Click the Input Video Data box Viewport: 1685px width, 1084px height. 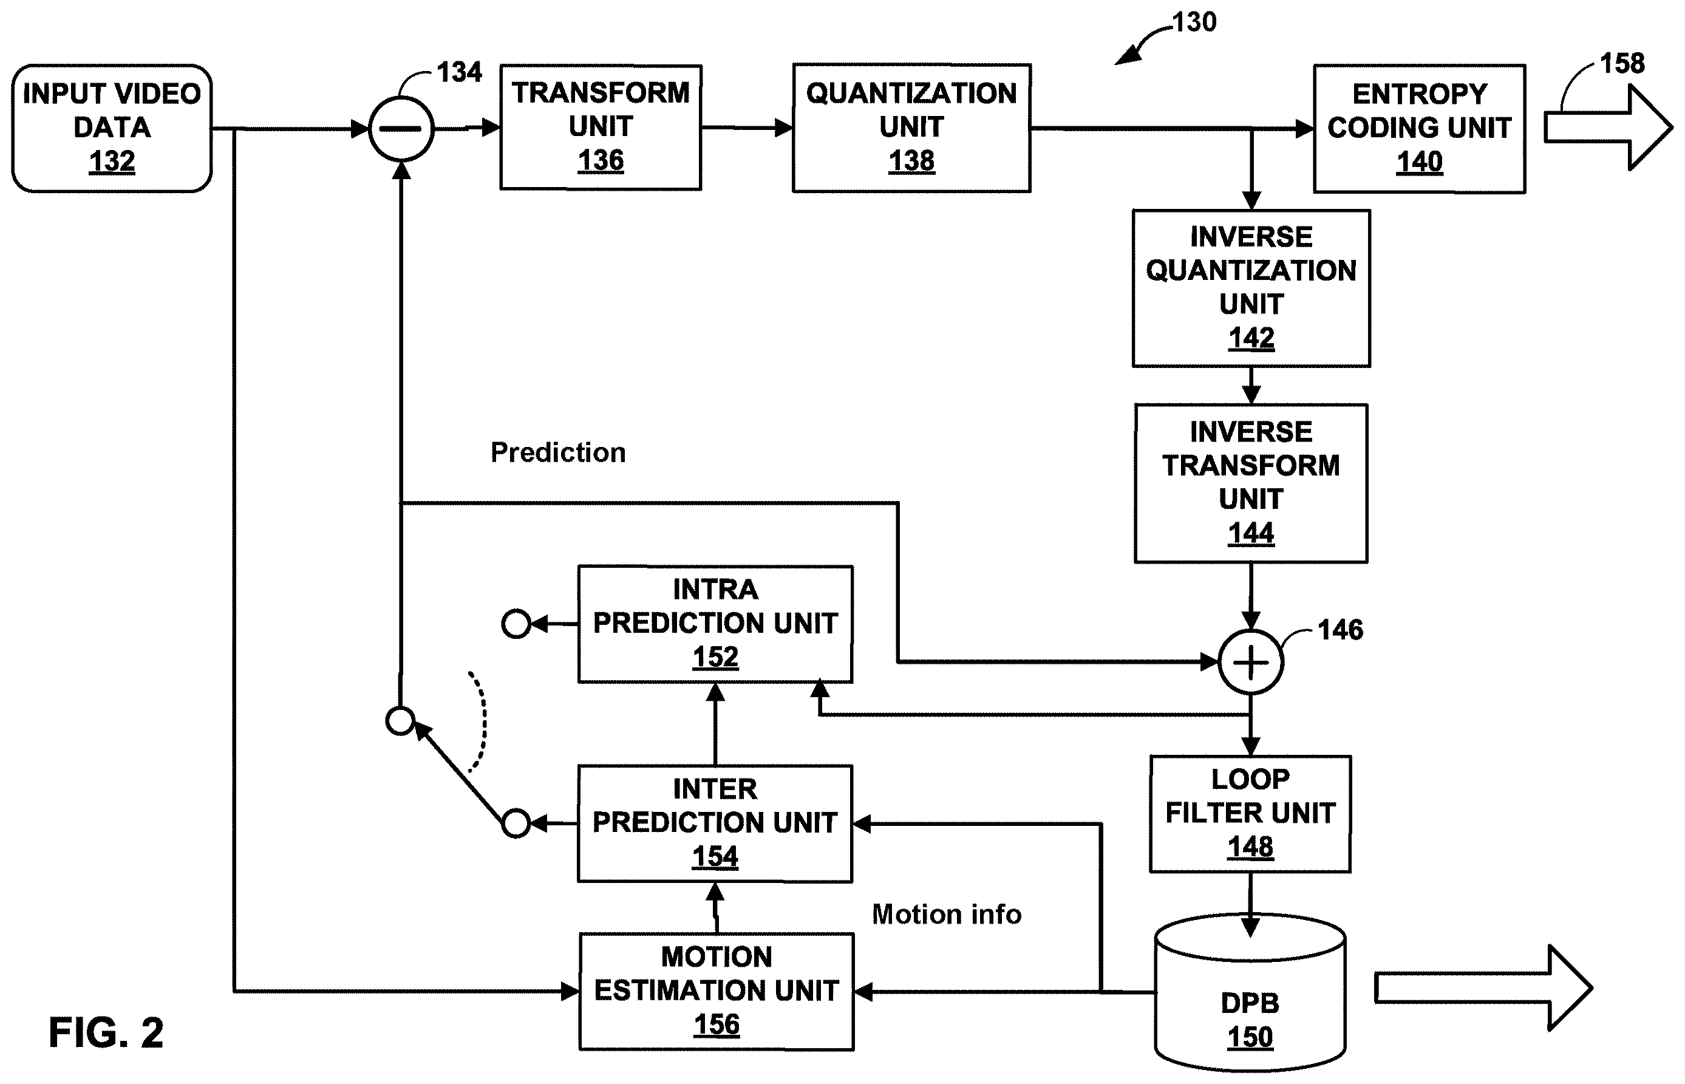(x=112, y=128)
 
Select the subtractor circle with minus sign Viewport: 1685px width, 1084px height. (x=401, y=129)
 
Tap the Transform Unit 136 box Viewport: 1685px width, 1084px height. (x=601, y=128)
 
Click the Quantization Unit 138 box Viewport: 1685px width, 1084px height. (x=911, y=128)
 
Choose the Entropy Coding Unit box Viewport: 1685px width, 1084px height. (x=1419, y=129)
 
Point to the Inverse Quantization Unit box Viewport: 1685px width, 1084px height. (x=1251, y=288)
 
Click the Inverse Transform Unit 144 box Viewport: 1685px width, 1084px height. (x=1251, y=483)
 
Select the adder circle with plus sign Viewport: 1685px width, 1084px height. (x=1251, y=662)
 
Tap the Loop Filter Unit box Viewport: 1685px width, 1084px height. (x=1250, y=814)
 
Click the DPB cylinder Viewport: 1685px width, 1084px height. (x=1250, y=992)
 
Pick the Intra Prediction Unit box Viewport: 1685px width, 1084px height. (x=715, y=624)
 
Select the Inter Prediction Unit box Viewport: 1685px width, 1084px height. (x=715, y=823)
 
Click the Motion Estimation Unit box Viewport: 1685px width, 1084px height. (x=717, y=991)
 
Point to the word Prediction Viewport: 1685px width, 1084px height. (x=558, y=452)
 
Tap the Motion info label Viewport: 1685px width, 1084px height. (x=947, y=915)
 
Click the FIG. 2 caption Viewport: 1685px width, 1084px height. (x=106, y=1032)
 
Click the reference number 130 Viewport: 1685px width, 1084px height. (x=1194, y=22)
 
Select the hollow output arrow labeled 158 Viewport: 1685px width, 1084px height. (x=1608, y=128)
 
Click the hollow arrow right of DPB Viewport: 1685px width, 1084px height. (x=1483, y=988)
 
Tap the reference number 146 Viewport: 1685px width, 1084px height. (x=1340, y=629)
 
